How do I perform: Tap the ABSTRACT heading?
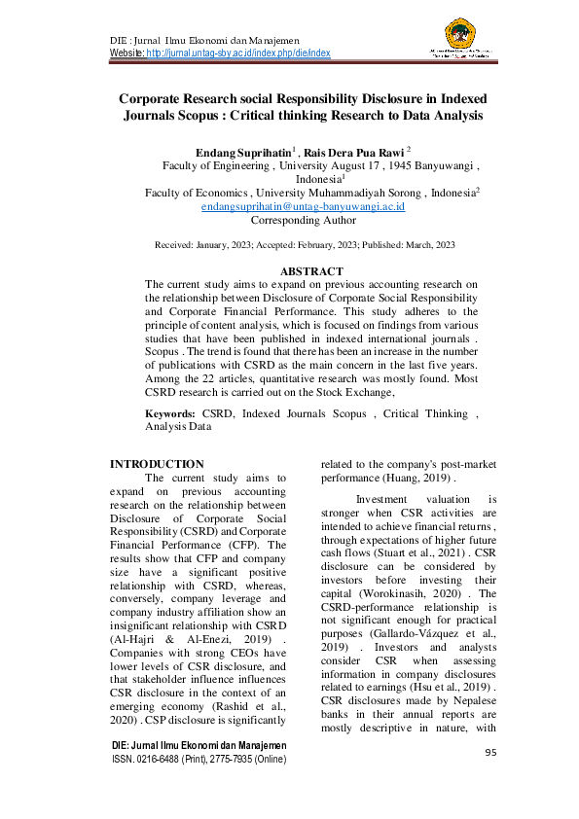311,270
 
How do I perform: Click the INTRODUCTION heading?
157,464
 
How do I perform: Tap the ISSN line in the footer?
211,760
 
